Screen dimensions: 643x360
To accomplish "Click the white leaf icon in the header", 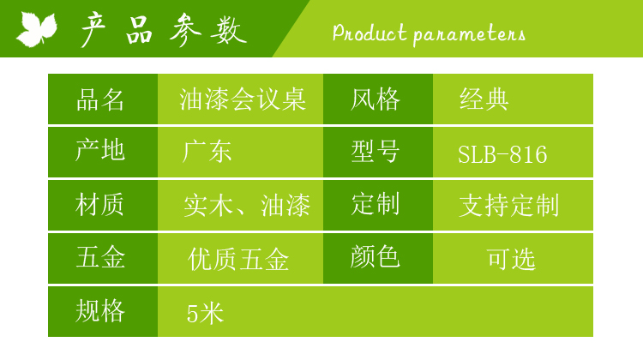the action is pyautogui.click(x=37, y=28).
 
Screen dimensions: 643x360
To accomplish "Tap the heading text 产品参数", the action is pyautogui.click(x=163, y=30).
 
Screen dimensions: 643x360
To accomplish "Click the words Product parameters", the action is pyautogui.click(x=429, y=33).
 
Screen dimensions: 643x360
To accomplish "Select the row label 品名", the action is pyautogui.click(x=100, y=99).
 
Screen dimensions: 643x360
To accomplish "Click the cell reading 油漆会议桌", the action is pyautogui.click(x=243, y=99).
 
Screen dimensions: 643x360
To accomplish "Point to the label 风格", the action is pyautogui.click(x=376, y=99).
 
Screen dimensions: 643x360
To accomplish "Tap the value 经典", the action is pyautogui.click(x=484, y=99).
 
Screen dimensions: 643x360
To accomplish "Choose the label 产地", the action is pyautogui.click(x=100, y=150).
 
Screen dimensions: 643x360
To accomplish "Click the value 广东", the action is pyautogui.click(x=207, y=152).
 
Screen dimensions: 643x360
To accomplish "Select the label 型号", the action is pyautogui.click(x=376, y=152).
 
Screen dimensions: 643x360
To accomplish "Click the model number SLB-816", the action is pyautogui.click(x=502, y=154).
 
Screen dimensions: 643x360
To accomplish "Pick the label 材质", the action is pyautogui.click(x=99, y=204).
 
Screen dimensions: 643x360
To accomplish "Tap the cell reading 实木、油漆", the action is pyautogui.click(x=247, y=206).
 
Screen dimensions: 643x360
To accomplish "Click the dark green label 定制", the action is pyautogui.click(x=376, y=204).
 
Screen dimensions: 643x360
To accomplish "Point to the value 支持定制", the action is pyautogui.click(x=509, y=206).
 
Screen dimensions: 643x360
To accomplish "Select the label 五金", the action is pyautogui.click(x=100, y=257).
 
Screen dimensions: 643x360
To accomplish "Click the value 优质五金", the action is pyautogui.click(x=238, y=259).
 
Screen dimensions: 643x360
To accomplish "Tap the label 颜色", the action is pyautogui.click(x=376, y=256).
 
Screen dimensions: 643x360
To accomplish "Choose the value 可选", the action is pyautogui.click(x=511, y=259).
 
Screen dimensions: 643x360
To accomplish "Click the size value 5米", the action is pyautogui.click(x=205, y=314).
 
